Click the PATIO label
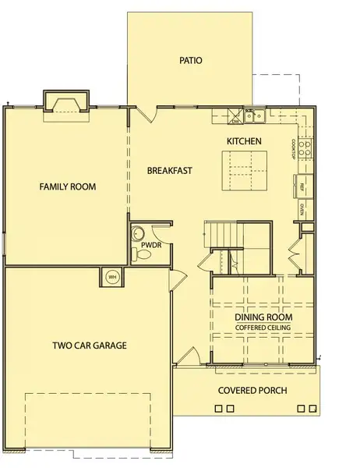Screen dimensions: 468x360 pos(191,59)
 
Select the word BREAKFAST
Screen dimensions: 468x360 pos(170,169)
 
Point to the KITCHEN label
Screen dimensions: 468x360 pos(243,141)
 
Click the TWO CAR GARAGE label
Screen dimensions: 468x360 pos(90,345)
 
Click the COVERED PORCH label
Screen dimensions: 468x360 pos(252,390)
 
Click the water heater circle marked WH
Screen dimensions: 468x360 pos(111,276)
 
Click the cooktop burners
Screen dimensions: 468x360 pos(306,144)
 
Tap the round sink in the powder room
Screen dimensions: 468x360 pos(139,232)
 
